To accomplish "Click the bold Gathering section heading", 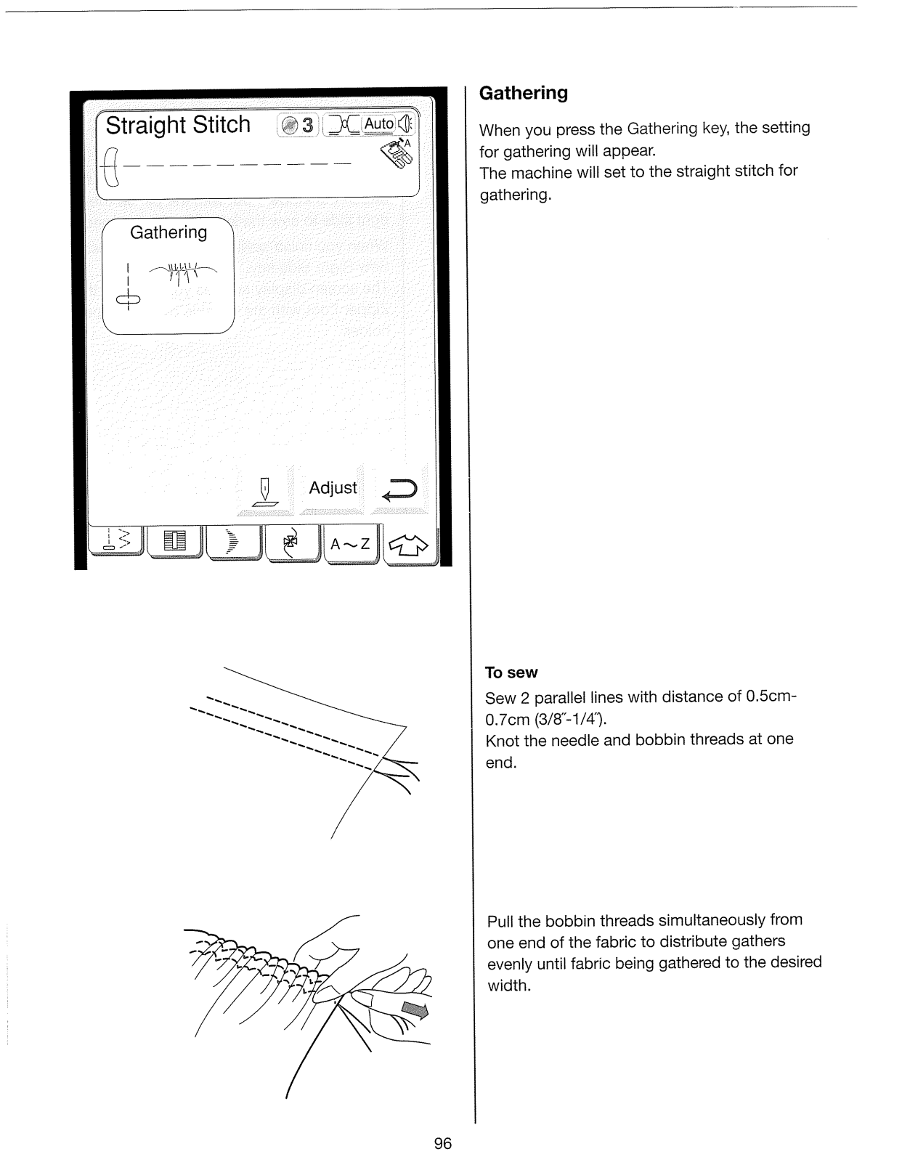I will coord(524,93).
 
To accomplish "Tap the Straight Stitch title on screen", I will coord(178,125).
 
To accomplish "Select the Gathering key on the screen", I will coord(168,276).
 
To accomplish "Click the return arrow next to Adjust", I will coord(399,491).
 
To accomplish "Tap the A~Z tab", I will coord(350,543).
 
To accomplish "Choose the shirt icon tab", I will coord(410,545).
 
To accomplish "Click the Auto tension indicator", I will coord(378,124).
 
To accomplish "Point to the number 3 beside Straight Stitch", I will coord(307,126).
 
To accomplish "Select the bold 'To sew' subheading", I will coord(511,673).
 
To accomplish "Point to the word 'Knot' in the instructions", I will coord(502,739).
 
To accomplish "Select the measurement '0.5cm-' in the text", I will coord(771,696).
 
